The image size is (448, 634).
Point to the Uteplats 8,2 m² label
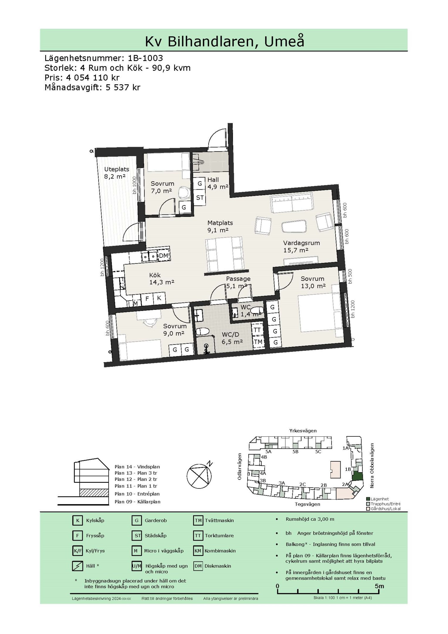(116, 173)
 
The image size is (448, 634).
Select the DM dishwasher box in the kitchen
(163, 256)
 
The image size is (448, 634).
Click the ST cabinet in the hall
(200, 198)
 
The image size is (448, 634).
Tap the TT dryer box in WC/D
(257, 330)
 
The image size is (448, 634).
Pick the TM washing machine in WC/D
(258, 342)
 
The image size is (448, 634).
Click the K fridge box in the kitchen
(159, 298)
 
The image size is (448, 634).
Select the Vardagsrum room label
(301, 243)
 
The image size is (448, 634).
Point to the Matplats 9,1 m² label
(220, 226)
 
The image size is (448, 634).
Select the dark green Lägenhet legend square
(368, 499)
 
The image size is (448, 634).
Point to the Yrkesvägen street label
(303, 431)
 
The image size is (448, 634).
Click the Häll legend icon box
(77, 566)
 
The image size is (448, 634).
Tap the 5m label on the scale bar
(379, 586)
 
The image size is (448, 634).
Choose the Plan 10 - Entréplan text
(137, 494)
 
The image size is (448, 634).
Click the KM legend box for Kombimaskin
(198, 551)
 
